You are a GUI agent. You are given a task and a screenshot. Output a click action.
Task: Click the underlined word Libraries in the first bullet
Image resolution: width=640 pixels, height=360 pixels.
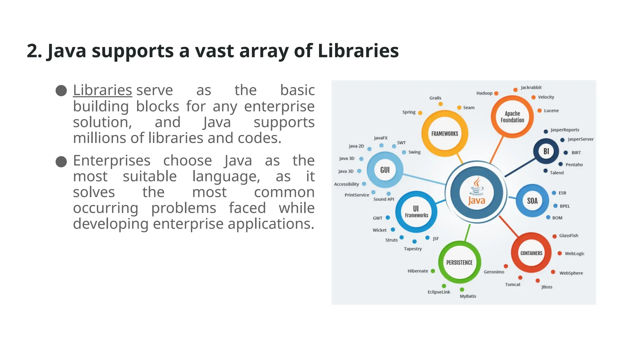102,90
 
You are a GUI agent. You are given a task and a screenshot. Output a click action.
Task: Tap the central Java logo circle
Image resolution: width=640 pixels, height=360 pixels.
477,192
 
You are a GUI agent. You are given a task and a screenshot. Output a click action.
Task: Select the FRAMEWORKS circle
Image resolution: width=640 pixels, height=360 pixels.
445,133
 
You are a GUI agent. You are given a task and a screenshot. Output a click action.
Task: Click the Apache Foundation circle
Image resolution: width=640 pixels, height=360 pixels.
512,117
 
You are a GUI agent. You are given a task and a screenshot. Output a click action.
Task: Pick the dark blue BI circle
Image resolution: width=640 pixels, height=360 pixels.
546,151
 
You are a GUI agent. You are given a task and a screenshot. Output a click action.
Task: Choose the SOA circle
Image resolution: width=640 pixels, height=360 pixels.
532,201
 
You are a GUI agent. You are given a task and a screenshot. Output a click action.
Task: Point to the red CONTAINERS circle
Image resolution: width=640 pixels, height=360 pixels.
531,253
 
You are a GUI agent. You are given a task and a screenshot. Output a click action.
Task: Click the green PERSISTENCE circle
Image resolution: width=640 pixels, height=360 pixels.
459,262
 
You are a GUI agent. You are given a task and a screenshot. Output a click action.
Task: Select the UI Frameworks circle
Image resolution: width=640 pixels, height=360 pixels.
416,212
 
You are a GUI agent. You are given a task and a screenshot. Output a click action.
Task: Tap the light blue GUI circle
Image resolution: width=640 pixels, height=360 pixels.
385,170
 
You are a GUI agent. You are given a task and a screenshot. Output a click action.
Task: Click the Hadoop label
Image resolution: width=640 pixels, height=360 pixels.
484,93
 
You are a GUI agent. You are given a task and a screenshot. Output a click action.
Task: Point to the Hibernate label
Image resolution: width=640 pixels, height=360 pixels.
417,271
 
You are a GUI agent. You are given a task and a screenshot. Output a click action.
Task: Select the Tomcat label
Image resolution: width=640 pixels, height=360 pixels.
512,284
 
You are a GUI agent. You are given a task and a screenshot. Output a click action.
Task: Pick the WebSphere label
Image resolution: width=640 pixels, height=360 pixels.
571,273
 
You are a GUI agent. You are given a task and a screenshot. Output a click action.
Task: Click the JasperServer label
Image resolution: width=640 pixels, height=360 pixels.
580,139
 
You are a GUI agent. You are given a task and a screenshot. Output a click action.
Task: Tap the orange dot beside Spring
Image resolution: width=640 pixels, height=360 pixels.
420,113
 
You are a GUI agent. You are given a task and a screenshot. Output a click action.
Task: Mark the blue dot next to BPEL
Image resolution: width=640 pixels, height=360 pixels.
556,206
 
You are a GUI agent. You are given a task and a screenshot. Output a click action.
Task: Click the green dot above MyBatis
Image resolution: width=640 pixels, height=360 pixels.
462,290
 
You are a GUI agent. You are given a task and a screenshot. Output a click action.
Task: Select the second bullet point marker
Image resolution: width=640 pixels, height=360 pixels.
61,162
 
